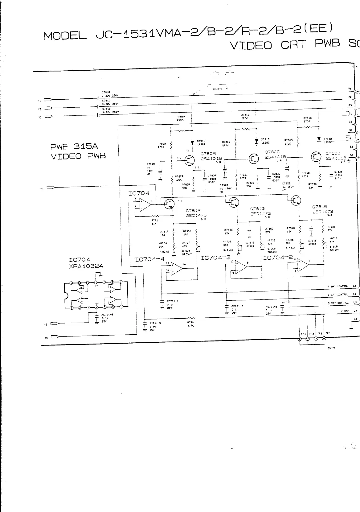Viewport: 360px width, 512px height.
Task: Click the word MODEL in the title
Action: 65,36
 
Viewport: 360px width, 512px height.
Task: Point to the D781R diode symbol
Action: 191,143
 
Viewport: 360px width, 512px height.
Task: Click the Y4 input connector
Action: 51,188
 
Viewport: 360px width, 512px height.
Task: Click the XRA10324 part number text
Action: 86,266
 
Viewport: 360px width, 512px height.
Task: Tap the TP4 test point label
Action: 303,334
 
